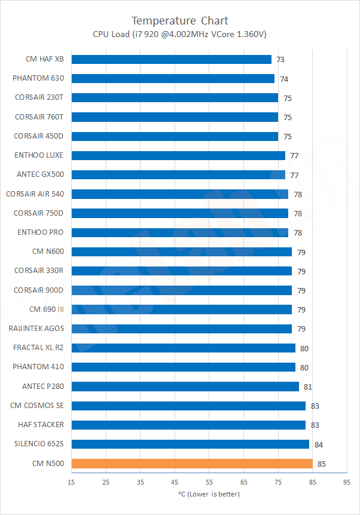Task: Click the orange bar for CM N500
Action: tap(191, 463)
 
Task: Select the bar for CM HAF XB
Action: tap(171, 59)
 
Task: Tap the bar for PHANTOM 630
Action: tap(173, 78)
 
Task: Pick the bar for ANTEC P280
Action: tap(185, 386)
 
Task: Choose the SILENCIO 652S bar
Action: tap(190, 444)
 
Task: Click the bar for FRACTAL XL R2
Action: tap(183, 348)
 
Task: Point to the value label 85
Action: tap(322, 464)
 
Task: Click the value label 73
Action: tap(280, 60)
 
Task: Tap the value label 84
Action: tap(318, 445)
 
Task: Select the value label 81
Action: tap(308, 387)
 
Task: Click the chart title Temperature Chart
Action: tap(179, 21)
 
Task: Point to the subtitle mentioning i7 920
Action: tap(179, 34)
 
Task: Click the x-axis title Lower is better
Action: tap(209, 493)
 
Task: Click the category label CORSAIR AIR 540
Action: tap(35, 194)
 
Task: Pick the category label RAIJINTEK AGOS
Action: tap(36, 329)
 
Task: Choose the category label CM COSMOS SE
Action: tap(37, 406)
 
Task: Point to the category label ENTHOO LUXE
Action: tap(39, 155)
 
